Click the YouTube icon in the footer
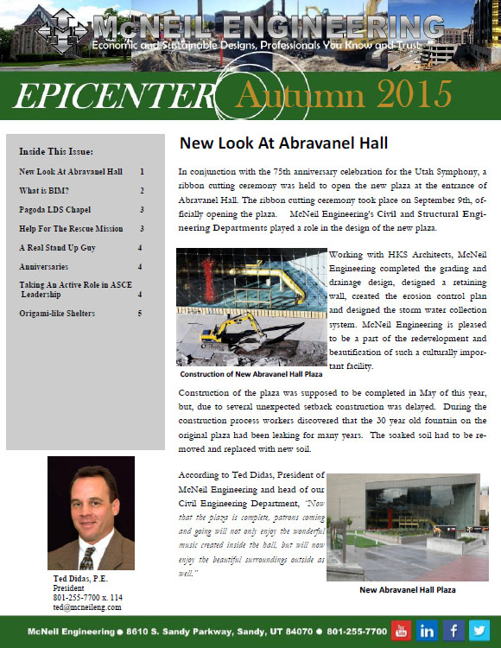[x=402, y=629]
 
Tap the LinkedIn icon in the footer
[x=427, y=629]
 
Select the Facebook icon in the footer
[x=453, y=629]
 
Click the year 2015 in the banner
[x=403, y=91]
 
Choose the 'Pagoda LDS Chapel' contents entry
[x=58, y=210]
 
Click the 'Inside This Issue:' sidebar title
[x=56, y=152]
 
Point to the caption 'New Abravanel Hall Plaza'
[x=407, y=590]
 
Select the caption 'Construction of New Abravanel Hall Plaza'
[x=251, y=374]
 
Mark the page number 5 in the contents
[x=141, y=313]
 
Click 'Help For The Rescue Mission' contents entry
[x=71, y=229]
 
